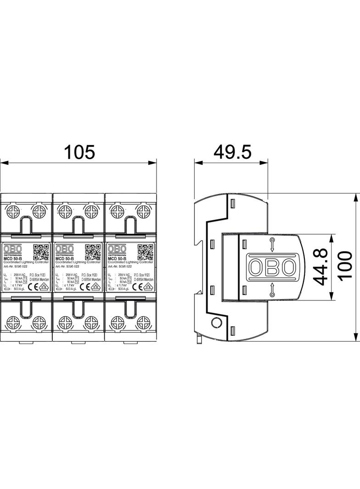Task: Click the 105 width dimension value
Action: [x=79, y=151]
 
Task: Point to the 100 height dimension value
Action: [x=344, y=266]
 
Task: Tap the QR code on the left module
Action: [x=41, y=252]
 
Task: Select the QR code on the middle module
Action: [x=93, y=252]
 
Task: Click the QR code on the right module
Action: [x=145, y=252]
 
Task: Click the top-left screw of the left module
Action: [x=13, y=211]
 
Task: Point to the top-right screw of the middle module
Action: [x=91, y=211]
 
